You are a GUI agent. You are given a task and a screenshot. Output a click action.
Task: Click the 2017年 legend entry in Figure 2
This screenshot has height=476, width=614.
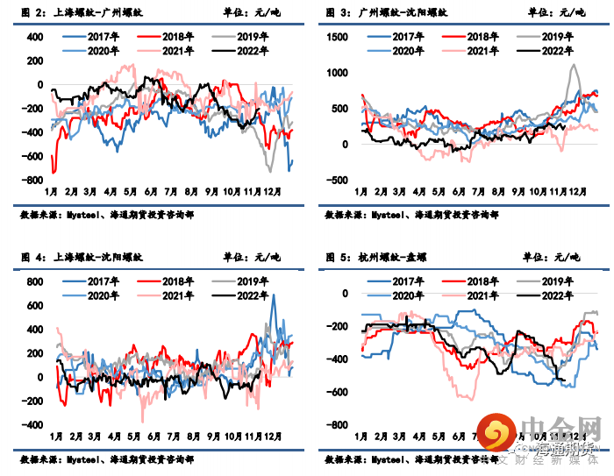(x=102, y=37)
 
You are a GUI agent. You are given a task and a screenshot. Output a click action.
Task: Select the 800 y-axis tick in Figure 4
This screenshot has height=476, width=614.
(x=33, y=281)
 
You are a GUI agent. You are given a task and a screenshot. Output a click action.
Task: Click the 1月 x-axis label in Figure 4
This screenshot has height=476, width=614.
(x=55, y=437)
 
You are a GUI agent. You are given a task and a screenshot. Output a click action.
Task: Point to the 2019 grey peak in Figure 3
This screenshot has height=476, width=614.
(x=574, y=65)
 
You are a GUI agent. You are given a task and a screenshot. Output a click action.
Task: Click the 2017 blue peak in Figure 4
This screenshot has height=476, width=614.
(x=274, y=295)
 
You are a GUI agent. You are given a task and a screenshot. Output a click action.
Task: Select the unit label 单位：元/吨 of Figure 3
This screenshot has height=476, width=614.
(x=553, y=12)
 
